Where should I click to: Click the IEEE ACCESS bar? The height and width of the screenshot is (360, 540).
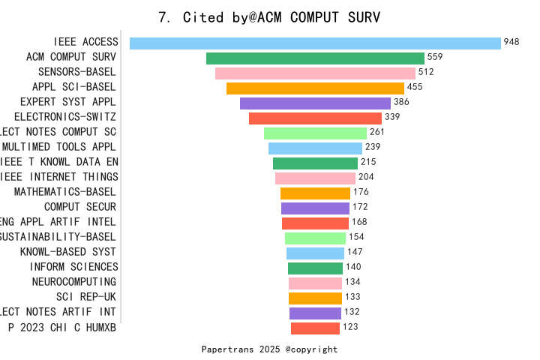click(315, 43)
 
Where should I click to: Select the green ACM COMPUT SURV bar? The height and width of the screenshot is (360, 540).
click(315, 58)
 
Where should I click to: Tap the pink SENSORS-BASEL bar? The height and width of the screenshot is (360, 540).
click(315, 73)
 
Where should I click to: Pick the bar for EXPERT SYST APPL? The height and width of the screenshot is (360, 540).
click(315, 103)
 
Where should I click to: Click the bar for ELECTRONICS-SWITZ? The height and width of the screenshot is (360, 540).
click(315, 118)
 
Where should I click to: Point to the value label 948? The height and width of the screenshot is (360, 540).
click(511, 43)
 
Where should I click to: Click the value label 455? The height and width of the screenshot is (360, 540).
click(415, 88)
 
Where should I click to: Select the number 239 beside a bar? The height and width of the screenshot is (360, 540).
click(373, 148)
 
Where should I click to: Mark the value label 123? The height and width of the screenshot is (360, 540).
click(350, 328)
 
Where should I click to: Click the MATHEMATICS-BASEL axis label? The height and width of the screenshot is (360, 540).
click(65, 192)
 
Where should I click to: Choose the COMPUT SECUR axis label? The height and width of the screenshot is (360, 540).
click(80, 207)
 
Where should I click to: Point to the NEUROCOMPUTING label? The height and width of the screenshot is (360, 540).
click(74, 282)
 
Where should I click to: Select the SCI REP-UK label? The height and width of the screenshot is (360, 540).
click(86, 297)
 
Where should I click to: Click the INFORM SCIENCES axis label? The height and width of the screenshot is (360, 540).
click(73, 267)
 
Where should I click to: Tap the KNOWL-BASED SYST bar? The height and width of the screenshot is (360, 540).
click(315, 253)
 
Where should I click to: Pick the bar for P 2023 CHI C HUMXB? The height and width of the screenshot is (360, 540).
click(315, 328)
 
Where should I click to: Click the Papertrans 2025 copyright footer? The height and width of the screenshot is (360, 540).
click(269, 349)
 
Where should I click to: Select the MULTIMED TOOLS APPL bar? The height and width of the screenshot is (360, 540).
click(315, 148)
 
